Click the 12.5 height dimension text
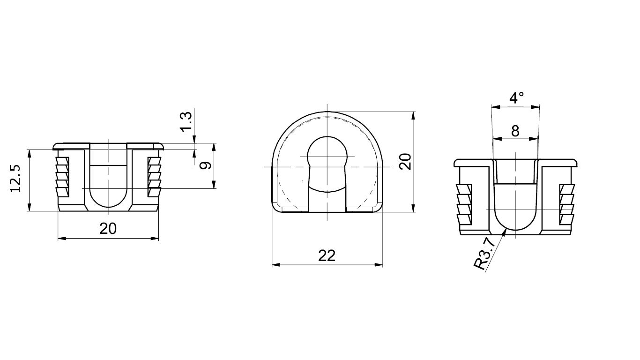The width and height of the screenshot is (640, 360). [x=15, y=179]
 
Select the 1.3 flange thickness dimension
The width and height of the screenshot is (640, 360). [x=186, y=121]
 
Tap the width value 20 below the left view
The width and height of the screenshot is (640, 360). [x=108, y=229]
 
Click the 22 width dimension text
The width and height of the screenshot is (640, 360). [x=327, y=255]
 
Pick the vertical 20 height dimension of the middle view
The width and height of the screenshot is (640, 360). [x=406, y=162]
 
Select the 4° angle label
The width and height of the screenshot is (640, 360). [x=516, y=98]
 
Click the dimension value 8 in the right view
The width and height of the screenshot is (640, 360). [x=515, y=131]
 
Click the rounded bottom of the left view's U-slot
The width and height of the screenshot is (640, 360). [x=108, y=202]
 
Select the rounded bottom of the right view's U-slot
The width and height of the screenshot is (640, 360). [x=515, y=224]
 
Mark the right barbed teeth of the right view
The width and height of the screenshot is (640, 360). [x=566, y=204]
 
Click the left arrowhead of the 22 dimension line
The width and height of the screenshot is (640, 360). [x=273, y=265]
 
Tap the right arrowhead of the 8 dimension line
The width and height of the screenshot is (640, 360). [x=536, y=138]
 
